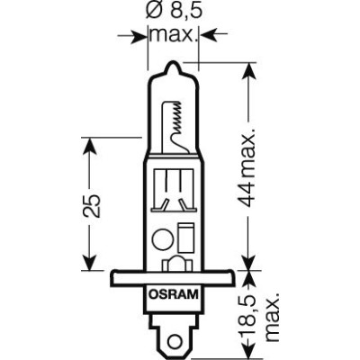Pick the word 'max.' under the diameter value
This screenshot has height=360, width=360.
pos(173,35)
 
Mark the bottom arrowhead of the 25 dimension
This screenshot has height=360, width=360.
pos(86,265)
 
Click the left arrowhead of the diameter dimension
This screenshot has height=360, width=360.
pos(138,35)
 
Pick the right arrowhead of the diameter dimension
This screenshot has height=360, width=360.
pos(208,35)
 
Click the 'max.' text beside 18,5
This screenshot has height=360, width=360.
pos(271,310)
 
